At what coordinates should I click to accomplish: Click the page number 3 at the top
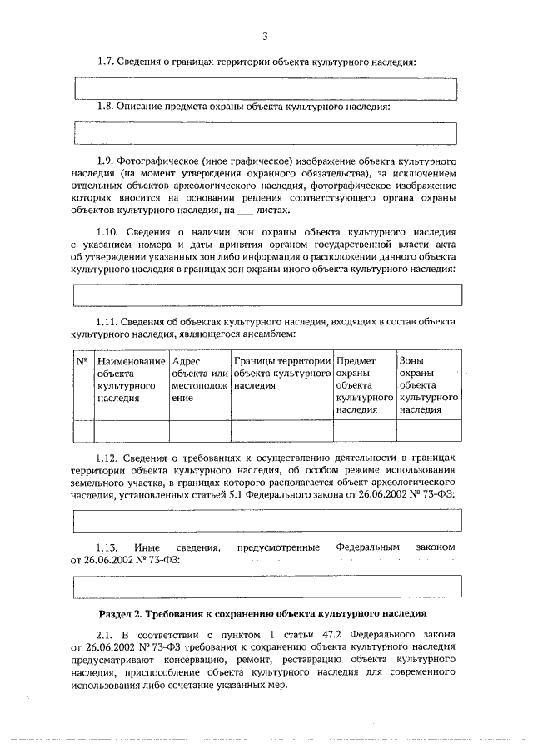point(265,36)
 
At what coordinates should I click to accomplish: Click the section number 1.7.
point(107,62)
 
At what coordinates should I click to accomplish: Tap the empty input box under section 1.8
point(266,133)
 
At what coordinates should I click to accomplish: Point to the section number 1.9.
point(107,159)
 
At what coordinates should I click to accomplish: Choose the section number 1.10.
point(109,231)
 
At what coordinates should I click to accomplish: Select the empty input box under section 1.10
point(266,295)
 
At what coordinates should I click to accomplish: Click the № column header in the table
point(82,361)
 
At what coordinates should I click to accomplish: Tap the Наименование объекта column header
point(131,379)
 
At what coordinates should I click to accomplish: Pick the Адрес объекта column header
point(199,379)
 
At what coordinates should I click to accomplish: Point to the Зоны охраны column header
point(429,385)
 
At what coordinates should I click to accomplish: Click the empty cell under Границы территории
point(281,430)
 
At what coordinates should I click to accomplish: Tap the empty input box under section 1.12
point(266,520)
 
